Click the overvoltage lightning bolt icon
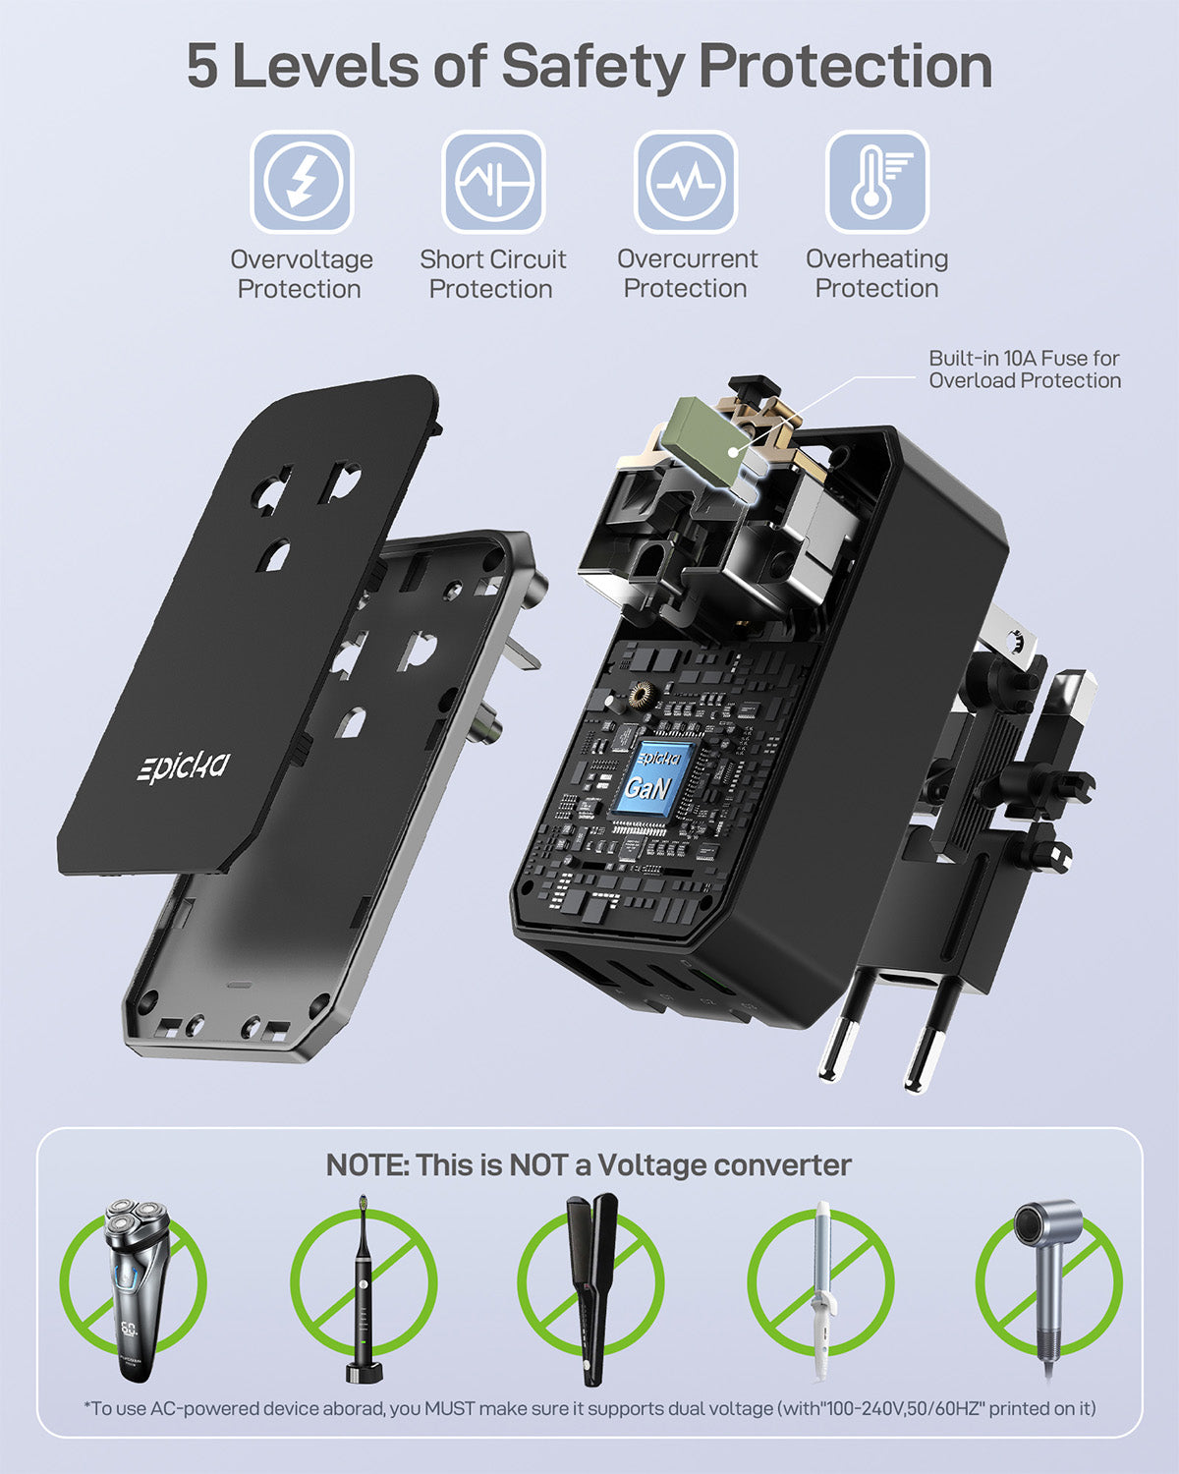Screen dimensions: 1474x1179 coord(301,182)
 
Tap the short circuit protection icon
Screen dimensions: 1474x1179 coord(493,182)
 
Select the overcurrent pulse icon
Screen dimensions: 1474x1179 coord(685,182)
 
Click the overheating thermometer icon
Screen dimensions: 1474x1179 coord(876,182)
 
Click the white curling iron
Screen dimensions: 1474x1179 coord(821,1287)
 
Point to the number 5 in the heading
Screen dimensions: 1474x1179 coord(202,66)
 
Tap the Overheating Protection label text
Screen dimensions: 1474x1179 coord(876,273)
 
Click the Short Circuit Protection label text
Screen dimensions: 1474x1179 coord(492,273)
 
